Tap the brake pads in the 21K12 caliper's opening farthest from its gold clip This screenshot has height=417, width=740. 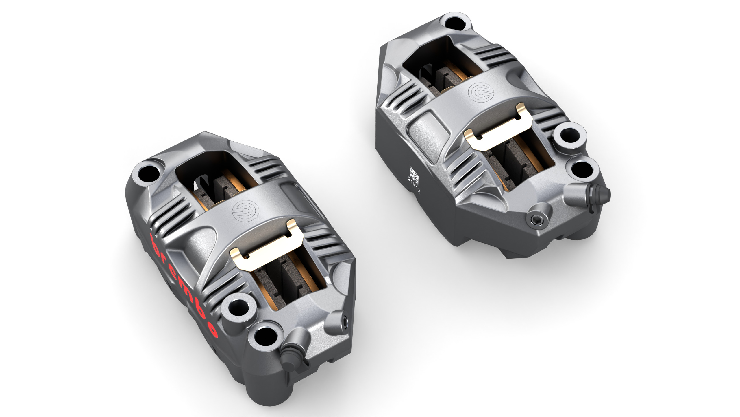pyautogui.click(x=439, y=75)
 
